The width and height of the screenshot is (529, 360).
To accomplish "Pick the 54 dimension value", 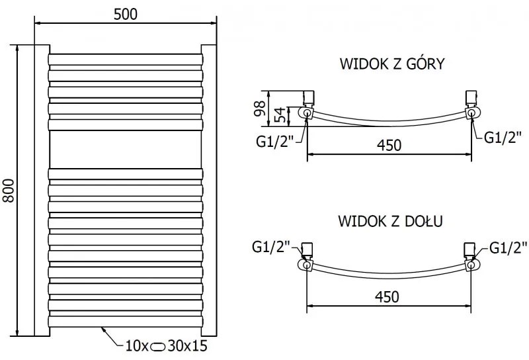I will [x=280, y=116].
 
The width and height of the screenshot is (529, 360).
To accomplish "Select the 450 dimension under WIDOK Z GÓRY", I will [x=388, y=145].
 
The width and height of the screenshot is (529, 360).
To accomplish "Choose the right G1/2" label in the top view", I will [x=503, y=137].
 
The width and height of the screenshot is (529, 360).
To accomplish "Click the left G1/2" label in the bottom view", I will [x=272, y=247].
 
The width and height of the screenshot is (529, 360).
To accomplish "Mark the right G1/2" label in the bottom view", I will [x=509, y=247].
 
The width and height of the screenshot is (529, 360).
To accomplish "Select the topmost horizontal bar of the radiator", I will [x=125, y=60].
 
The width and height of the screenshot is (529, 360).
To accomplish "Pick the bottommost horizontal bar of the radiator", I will [x=125, y=320].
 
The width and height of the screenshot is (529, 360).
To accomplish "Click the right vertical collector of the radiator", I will [x=209, y=191].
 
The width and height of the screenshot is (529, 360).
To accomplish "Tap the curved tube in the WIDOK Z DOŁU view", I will [x=388, y=273].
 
